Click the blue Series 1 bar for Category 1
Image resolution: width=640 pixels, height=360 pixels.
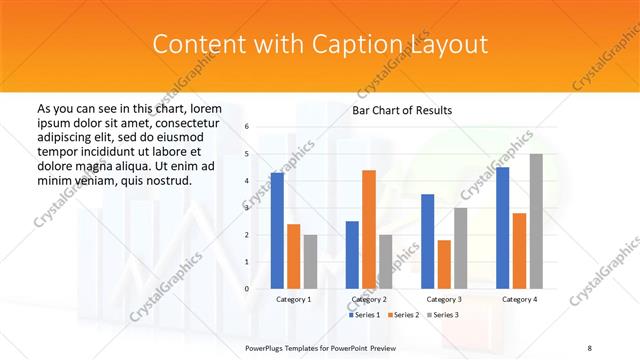click(277, 230)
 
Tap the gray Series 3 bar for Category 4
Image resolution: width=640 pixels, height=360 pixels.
click(536, 221)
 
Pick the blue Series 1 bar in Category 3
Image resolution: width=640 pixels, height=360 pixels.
click(428, 241)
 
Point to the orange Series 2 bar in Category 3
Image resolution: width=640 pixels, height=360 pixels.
click(444, 264)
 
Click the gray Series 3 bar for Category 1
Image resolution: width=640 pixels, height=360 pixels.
click(310, 261)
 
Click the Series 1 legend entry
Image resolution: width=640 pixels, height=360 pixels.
click(365, 315)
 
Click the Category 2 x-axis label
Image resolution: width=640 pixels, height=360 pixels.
click(369, 299)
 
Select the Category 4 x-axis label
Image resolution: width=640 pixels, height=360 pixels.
click(519, 299)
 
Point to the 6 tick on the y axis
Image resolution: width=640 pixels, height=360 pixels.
click(247, 127)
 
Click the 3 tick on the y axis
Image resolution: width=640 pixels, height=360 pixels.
click(247, 208)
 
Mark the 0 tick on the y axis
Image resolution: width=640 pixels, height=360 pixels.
click(247, 289)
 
